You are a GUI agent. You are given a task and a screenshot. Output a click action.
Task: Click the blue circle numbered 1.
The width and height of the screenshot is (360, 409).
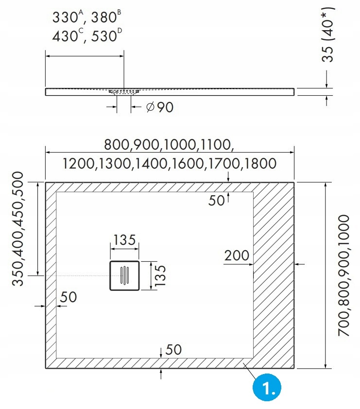click(267, 387)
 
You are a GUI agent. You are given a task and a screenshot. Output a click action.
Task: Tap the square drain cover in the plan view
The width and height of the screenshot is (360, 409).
click(124, 275)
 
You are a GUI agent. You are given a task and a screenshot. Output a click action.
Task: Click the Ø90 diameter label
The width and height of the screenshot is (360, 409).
click(160, 107)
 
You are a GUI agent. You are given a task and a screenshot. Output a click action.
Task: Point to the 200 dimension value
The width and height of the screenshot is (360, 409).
click(237, 256)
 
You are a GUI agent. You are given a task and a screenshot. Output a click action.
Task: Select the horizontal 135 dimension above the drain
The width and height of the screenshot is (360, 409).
click(124, 240)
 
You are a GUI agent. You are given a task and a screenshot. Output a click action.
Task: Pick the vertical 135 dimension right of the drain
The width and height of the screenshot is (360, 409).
click(160, 276)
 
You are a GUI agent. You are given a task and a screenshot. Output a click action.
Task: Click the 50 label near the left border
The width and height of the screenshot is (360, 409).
click(69, 297)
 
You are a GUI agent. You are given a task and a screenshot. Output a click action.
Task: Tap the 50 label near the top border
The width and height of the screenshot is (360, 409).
click(217, 201)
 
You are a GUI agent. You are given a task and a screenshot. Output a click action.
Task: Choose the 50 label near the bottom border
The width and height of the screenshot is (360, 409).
click(173, 350)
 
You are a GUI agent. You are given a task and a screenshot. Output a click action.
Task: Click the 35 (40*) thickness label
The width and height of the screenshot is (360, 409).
click(327, 34)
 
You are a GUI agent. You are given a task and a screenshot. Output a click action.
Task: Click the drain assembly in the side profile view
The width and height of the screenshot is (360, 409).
click(124, 92)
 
